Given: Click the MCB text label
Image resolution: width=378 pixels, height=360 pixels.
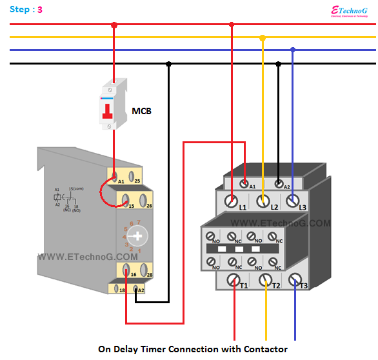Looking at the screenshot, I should (142, 111).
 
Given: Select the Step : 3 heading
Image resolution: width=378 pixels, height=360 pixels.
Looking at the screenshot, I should (26, 10).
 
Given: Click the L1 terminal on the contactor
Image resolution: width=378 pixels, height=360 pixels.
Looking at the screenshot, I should (232, 201).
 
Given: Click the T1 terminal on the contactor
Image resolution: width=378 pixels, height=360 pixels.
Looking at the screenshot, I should (232, 281).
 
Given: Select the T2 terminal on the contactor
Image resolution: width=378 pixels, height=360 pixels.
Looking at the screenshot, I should (264, 281).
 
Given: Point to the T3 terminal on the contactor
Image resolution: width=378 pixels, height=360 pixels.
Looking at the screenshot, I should (295, 279).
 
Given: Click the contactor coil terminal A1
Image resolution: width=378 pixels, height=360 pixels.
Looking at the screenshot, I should (244, 183).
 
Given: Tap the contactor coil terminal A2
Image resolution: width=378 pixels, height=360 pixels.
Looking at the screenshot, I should (279, 183).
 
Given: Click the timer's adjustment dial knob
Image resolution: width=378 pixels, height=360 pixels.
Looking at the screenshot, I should (137, 237).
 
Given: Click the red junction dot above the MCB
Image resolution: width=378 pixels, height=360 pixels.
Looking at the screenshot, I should (114, 25).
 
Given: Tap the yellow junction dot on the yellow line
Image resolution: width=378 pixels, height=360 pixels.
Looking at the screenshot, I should (262, 38).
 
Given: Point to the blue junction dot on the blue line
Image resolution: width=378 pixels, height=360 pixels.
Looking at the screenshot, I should (293, 50).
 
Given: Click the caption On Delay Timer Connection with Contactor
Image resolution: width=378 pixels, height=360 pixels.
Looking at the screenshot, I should (192, 349).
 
